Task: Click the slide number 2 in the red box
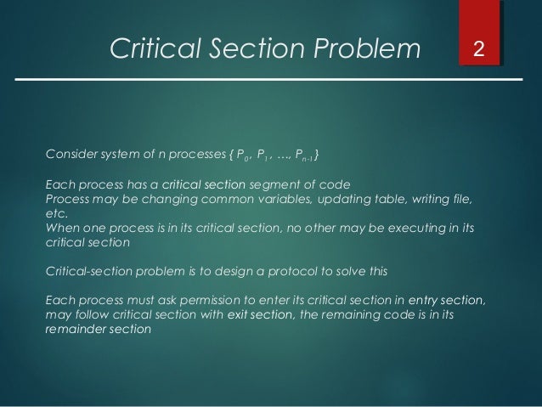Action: click(480, 50)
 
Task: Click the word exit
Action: click(232, 315)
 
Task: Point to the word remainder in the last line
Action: click(75, 331)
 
